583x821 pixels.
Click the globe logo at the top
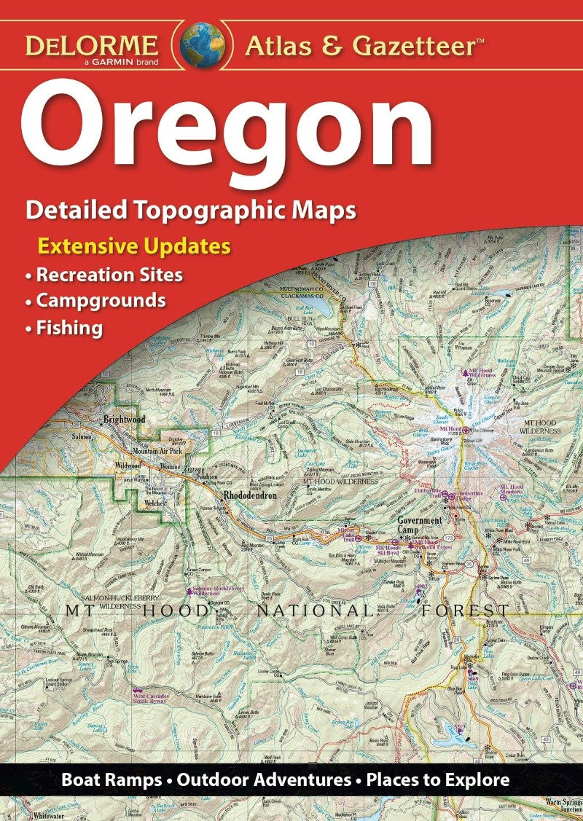(x=200, y=45)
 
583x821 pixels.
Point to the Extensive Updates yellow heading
(x=134, y=245)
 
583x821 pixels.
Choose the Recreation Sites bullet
(x=103, y=275)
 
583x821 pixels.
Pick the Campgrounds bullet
(x=95, y=300)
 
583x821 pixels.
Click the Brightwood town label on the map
(x=124, y=420)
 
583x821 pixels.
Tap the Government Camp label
(x=420, y=525)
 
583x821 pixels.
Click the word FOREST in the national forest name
(x=467, y=610)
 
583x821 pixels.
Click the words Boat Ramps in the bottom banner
(x=111, y=780)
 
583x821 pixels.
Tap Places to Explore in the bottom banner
(x=437, y=780)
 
